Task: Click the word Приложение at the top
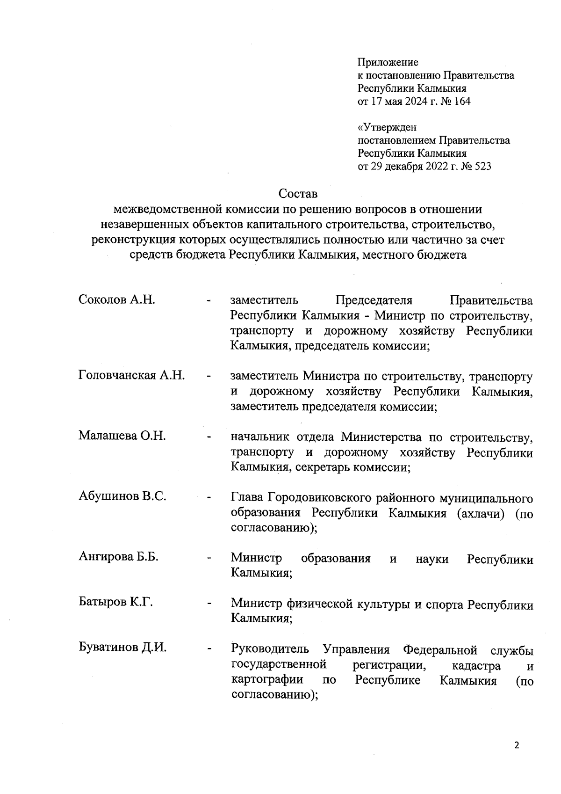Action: [x=388, y=62]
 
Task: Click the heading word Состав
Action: [x=298, y=193]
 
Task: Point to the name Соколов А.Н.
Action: [x=117, y=299]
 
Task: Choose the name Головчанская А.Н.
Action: [x=132, y=375]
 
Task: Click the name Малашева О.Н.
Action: [x=122, y=436]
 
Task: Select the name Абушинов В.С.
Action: [x=122, y=496]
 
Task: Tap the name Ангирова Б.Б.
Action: [x=119, y=557]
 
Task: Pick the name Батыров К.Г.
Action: [x=116, y=602]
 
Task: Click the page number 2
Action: [x=517, y=745]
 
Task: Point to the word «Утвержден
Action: [x=387, y=127]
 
